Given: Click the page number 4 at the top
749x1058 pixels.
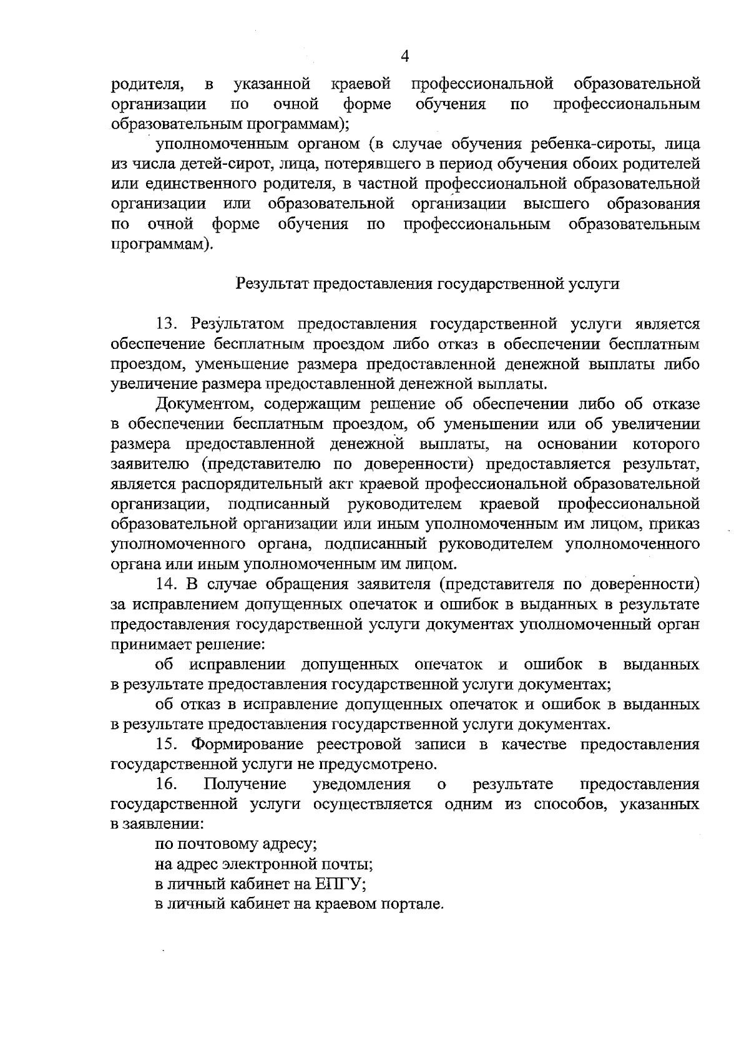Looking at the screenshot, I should (x=404, y=57).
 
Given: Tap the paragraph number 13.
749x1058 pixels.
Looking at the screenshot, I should (x=167, y=324).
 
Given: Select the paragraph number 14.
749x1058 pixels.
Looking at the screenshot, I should (x=167, y=585).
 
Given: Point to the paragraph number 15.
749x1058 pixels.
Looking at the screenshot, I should (x=167, y=745).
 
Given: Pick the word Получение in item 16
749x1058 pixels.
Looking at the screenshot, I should (x=245, y=784).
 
